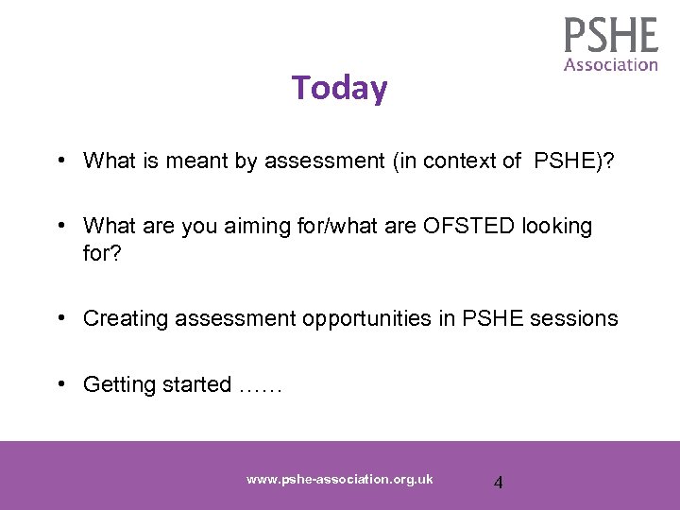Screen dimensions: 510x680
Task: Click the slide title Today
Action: coord(339,88)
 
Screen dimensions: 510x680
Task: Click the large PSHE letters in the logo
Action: coord(611,36)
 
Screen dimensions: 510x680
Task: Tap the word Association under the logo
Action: coord(611,65)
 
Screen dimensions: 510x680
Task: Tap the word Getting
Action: coord(118,384)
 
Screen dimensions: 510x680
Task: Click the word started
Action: coord(196,384)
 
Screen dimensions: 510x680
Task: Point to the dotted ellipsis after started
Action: coord(260,386)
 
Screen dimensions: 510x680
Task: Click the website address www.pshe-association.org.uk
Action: coord(339,479)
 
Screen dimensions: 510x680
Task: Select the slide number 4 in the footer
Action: coord(499,483)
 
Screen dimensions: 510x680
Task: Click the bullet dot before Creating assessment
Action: coord(59,318)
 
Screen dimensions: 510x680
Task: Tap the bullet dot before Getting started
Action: coord(59,384)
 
